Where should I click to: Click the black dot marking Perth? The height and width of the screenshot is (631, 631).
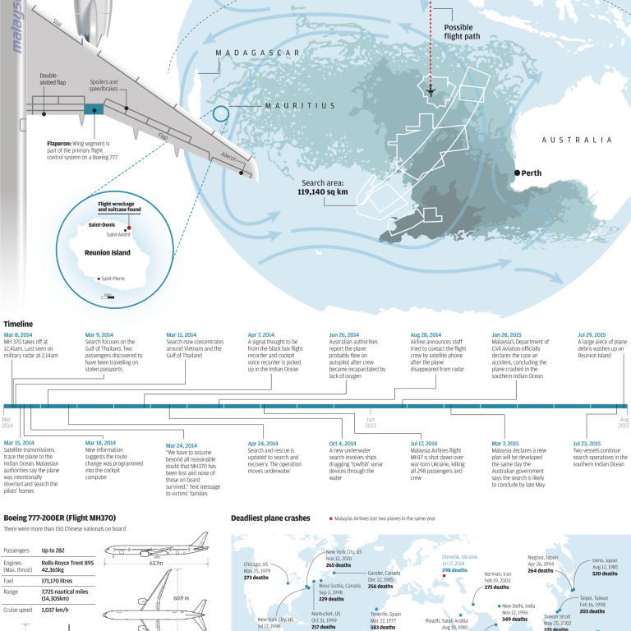point(517,173)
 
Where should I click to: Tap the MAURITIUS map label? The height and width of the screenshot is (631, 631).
point(301,106)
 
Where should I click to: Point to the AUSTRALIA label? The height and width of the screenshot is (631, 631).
point(577,140)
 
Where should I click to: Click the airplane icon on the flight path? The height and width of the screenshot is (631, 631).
point(431,90)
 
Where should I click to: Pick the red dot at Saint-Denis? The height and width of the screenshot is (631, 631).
point(128,228)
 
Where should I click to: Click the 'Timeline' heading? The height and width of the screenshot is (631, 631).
point(20,325)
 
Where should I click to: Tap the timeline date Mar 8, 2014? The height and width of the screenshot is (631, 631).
point(18,335)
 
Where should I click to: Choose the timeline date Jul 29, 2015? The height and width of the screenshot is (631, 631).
point(592,335)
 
